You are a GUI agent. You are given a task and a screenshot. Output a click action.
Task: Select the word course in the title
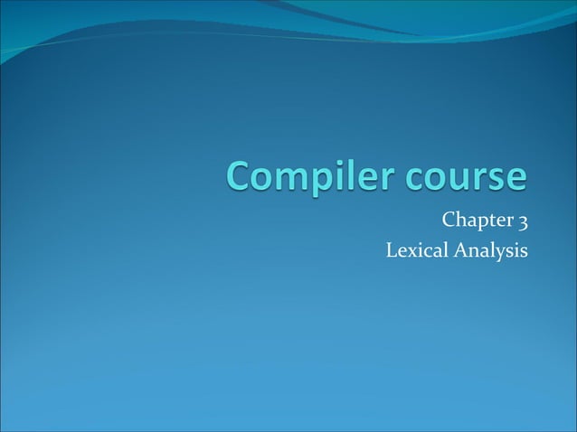click(466, 176)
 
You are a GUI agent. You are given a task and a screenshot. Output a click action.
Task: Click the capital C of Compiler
click(240, 175)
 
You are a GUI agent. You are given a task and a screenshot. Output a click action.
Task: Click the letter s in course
click(497, 178)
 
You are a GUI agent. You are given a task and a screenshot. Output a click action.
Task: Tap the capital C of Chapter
click(448, 221)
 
